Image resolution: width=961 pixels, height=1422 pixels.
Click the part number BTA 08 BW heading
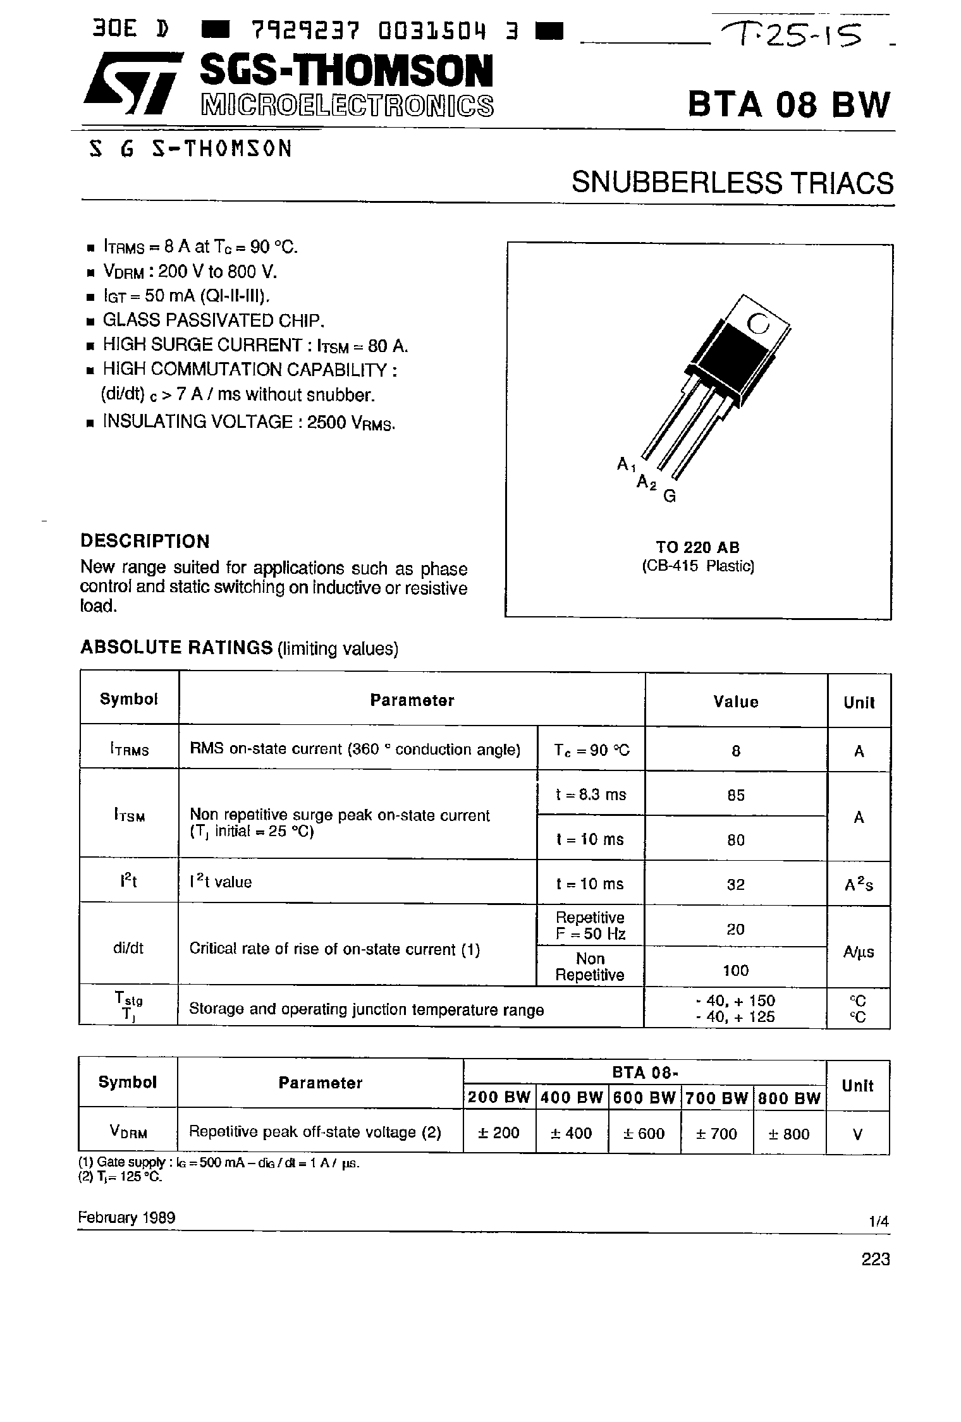788,104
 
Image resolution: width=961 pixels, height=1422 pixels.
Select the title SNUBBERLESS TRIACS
732,183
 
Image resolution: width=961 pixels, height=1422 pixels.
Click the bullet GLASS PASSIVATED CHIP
213,320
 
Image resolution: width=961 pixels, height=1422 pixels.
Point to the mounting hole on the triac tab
757,324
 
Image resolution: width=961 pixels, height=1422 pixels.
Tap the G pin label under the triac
670,497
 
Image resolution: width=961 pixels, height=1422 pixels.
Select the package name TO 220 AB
697,547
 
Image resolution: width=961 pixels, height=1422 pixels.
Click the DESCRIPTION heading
145,541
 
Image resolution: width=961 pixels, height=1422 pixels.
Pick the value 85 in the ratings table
736,795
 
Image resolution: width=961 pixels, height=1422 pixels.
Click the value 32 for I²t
736,884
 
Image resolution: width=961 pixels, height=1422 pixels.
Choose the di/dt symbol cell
129,948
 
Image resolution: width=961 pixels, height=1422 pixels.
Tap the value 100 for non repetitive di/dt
735,970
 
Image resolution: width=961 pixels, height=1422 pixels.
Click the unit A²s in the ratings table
859,885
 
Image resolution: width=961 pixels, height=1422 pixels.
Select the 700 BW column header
717,1098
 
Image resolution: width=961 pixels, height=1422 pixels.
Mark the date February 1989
126,1217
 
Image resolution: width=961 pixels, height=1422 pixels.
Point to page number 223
875,1260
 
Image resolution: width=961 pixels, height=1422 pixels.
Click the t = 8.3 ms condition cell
591,794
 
